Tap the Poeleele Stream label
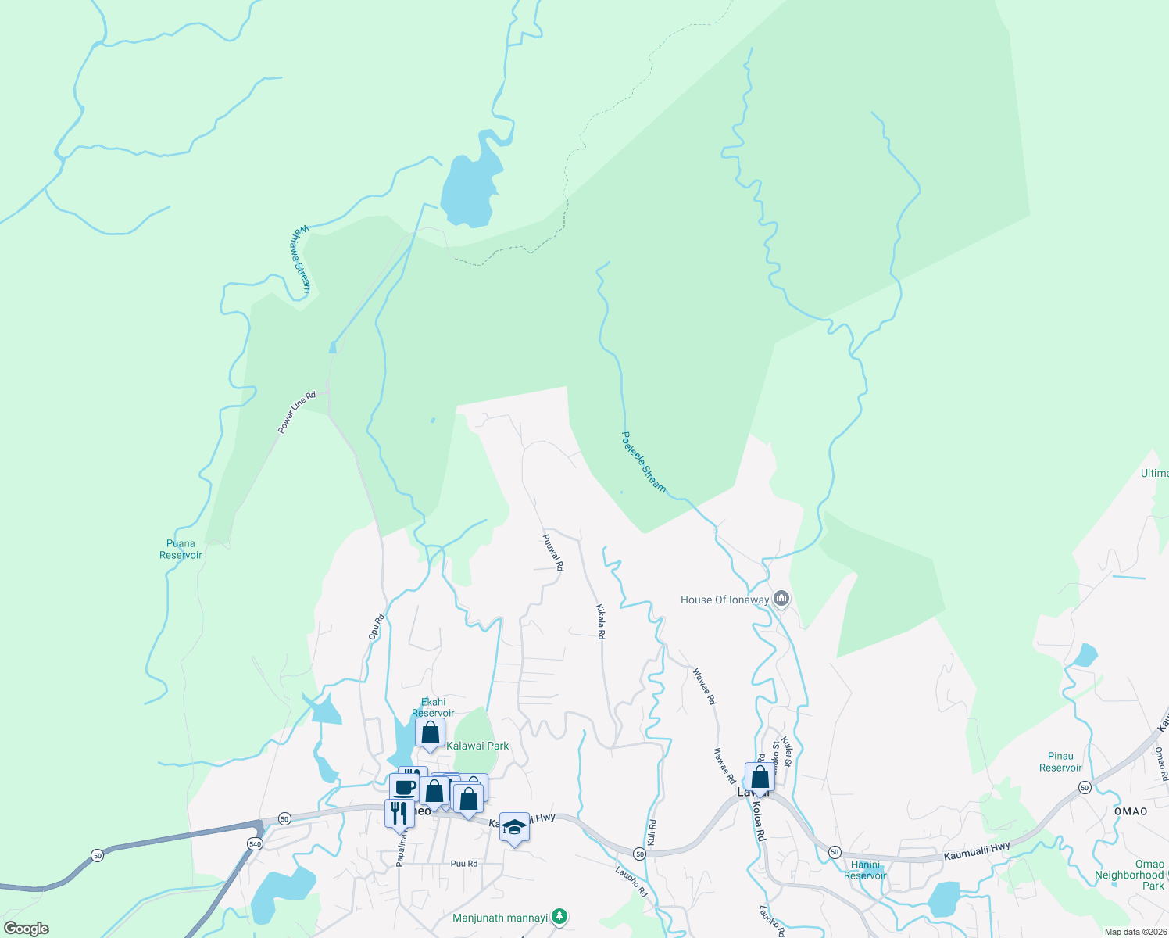pyautogui.click(x=644, y=462)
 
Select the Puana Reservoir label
pyautogui.click(x=181, y=550)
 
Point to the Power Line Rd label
pyautogui.click(x=297, y=412)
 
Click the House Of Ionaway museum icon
pyautogui.click(x=781, y=600)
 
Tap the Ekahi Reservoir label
pyautogui.click(x=433, y=707)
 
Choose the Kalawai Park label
pyautogui.click(x=477, y=746)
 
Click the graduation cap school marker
pyautogui.click(x=514, y=827)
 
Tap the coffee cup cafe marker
pyautogui.click(x=404, y=787)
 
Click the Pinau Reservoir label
pyautogui.click(x=1060, y=762)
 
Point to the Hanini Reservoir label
pyautogui.click(x=865, y=870)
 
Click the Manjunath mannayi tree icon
pyautogui.click(x=559, y=916)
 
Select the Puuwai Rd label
pyautogui.click(x=553, y=553)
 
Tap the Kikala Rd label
pyautogui.click(x=600, y=622)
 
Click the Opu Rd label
pyautogui.click(x=377, y=628)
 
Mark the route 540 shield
pyautogui.click(x=255, y=844)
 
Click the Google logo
pyautogui.click(x=27, y=929)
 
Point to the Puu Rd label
pyautogui.click(x=463, y=864)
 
